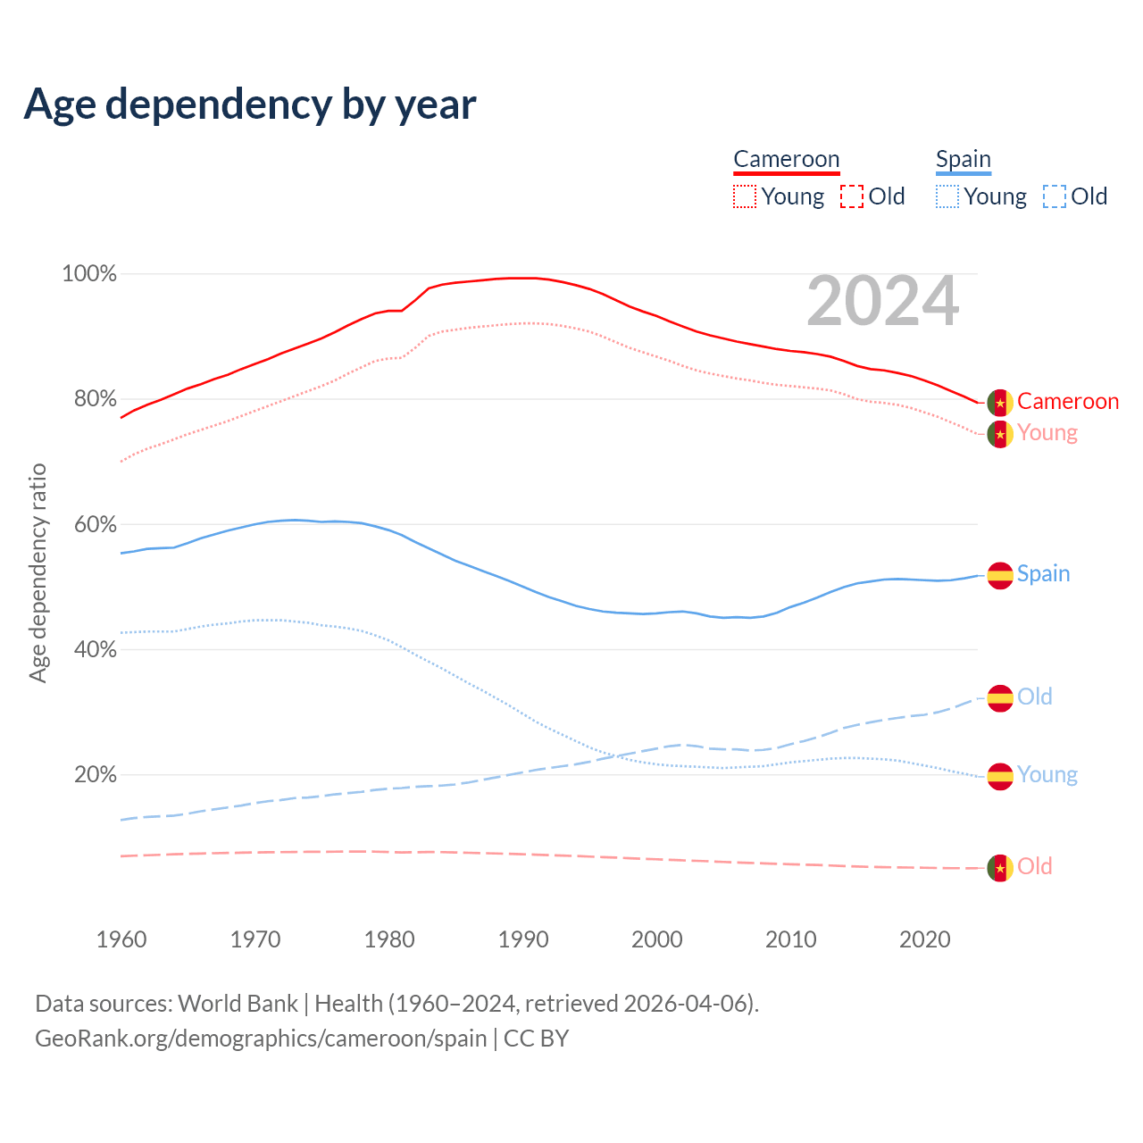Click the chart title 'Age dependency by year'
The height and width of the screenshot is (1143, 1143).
250,104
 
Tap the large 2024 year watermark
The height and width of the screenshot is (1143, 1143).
882,302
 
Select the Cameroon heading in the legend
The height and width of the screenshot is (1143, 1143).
786,160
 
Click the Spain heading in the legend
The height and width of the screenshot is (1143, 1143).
963,160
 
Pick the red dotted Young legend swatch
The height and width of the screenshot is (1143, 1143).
744,196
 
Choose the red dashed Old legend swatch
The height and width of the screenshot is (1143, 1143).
851,196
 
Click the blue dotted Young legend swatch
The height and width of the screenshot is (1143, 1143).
947,196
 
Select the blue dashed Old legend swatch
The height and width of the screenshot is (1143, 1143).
1054,196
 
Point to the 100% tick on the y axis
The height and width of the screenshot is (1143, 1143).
89,274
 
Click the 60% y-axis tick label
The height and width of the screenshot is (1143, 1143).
95,524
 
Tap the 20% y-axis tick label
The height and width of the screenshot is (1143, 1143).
95,774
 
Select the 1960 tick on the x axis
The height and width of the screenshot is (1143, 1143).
121,939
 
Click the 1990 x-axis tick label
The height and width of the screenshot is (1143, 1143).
523,939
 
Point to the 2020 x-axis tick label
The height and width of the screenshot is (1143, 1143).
925,939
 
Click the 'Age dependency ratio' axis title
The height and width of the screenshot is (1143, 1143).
38,572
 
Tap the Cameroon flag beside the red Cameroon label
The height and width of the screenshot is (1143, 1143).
999,403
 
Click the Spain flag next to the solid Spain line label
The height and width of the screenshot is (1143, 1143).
999,575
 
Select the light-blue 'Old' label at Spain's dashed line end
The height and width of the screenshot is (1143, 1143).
1034,697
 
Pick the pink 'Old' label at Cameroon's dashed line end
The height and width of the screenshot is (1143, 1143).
1034,866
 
